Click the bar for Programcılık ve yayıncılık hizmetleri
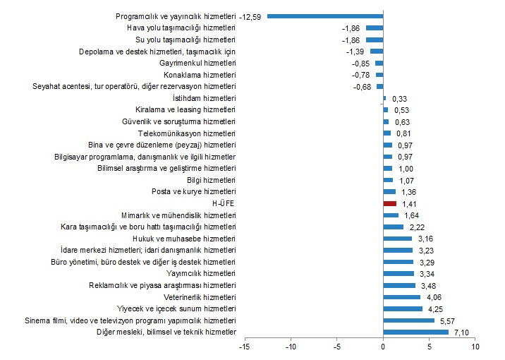click(x=325, y=16)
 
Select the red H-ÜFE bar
click(x=390, y=203)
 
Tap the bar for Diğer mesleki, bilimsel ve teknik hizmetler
click(x=415, y=332)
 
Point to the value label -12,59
click(x=250, y=16)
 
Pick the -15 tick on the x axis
click(x=245, y=347)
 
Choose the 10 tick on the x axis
click(x=475, y=347)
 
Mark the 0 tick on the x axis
click(x=383, y=347)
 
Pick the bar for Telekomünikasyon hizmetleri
click(x=387, y=133)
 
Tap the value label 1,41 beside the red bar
click(x=408, y=203)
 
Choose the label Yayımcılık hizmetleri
click(x=201, y=273)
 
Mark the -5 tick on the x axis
click(x=337, y=347)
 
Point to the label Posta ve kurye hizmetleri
click(x=194, y=191)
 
